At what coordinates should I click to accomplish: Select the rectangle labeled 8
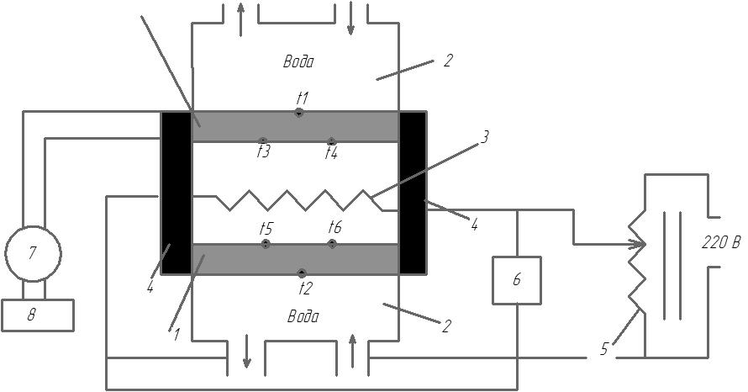38,315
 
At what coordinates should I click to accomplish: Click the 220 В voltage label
721,242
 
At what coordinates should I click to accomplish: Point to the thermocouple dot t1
298,113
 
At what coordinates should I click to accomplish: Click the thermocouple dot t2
302,273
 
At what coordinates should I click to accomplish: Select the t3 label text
264,151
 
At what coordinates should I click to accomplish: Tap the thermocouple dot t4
331,141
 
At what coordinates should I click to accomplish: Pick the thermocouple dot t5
266,244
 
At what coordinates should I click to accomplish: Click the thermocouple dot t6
332,244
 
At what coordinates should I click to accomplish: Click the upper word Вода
298,61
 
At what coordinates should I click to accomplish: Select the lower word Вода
303,316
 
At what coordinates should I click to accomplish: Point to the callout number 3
484,137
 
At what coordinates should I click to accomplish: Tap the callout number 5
604,349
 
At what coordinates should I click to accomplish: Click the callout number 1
176,335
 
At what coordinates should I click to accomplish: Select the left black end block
176,193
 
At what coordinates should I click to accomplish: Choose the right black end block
413,193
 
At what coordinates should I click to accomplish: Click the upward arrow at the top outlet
240,19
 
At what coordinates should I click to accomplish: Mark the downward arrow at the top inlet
350,19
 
